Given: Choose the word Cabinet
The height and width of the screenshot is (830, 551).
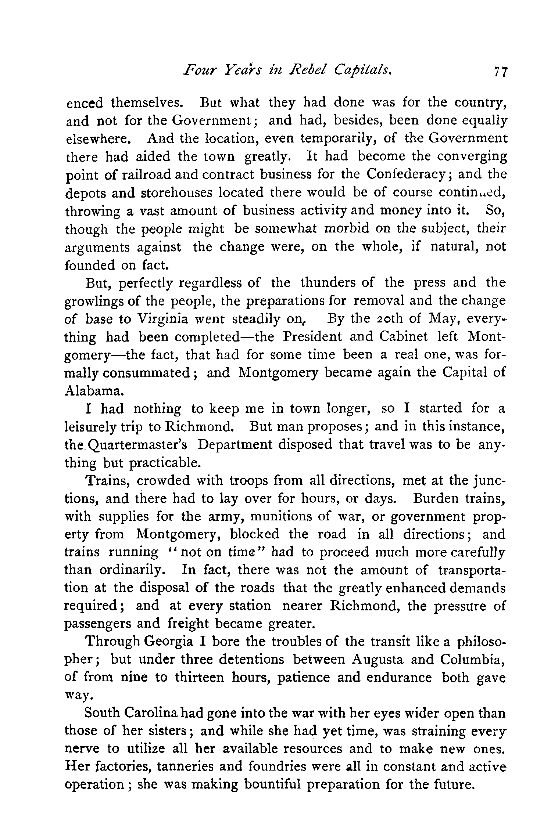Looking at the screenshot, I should (403, 337).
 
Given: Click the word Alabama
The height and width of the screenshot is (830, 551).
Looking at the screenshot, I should (92, 391).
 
